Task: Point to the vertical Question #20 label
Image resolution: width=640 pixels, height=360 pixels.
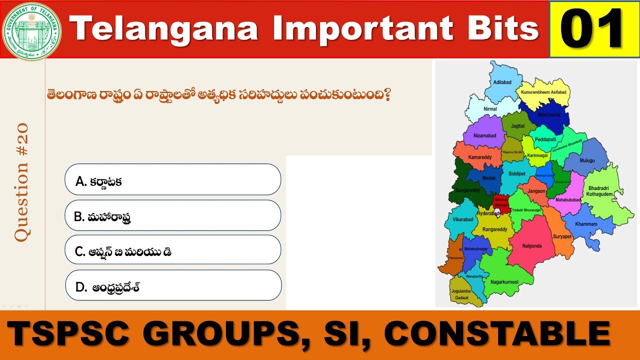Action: (x=22, y=182)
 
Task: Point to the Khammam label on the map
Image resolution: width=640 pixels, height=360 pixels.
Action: (x=586, y=224)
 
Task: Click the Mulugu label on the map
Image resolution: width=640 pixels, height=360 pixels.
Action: (x=588, y=160)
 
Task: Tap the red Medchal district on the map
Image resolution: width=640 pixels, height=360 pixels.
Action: (x=501, y=201)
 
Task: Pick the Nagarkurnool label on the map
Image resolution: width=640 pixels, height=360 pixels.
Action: (x=504, y=281)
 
